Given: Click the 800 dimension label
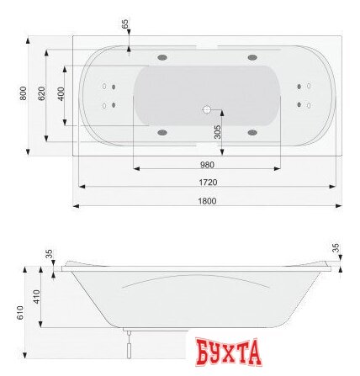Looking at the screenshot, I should (x=24, y=93).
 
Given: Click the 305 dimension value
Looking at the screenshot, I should (x=217, y=130).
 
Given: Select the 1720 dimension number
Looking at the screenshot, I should (x=207, y=182).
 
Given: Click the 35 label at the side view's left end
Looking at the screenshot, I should (x=50, y=252).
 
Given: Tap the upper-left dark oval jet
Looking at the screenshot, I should (x=160, y=58).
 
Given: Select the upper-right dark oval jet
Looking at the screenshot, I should (x=251, y=58).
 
